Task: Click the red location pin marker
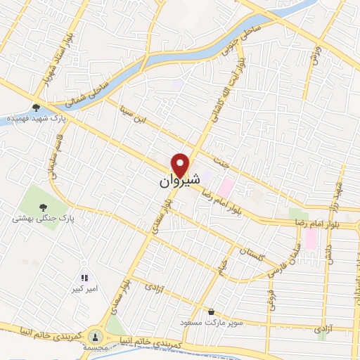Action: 181,165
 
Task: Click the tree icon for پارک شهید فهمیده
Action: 36,108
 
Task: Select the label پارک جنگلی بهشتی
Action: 43,219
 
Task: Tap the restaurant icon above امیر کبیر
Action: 84,278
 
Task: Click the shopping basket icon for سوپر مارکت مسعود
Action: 211,311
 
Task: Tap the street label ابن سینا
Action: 134,116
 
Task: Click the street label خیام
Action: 223,266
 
